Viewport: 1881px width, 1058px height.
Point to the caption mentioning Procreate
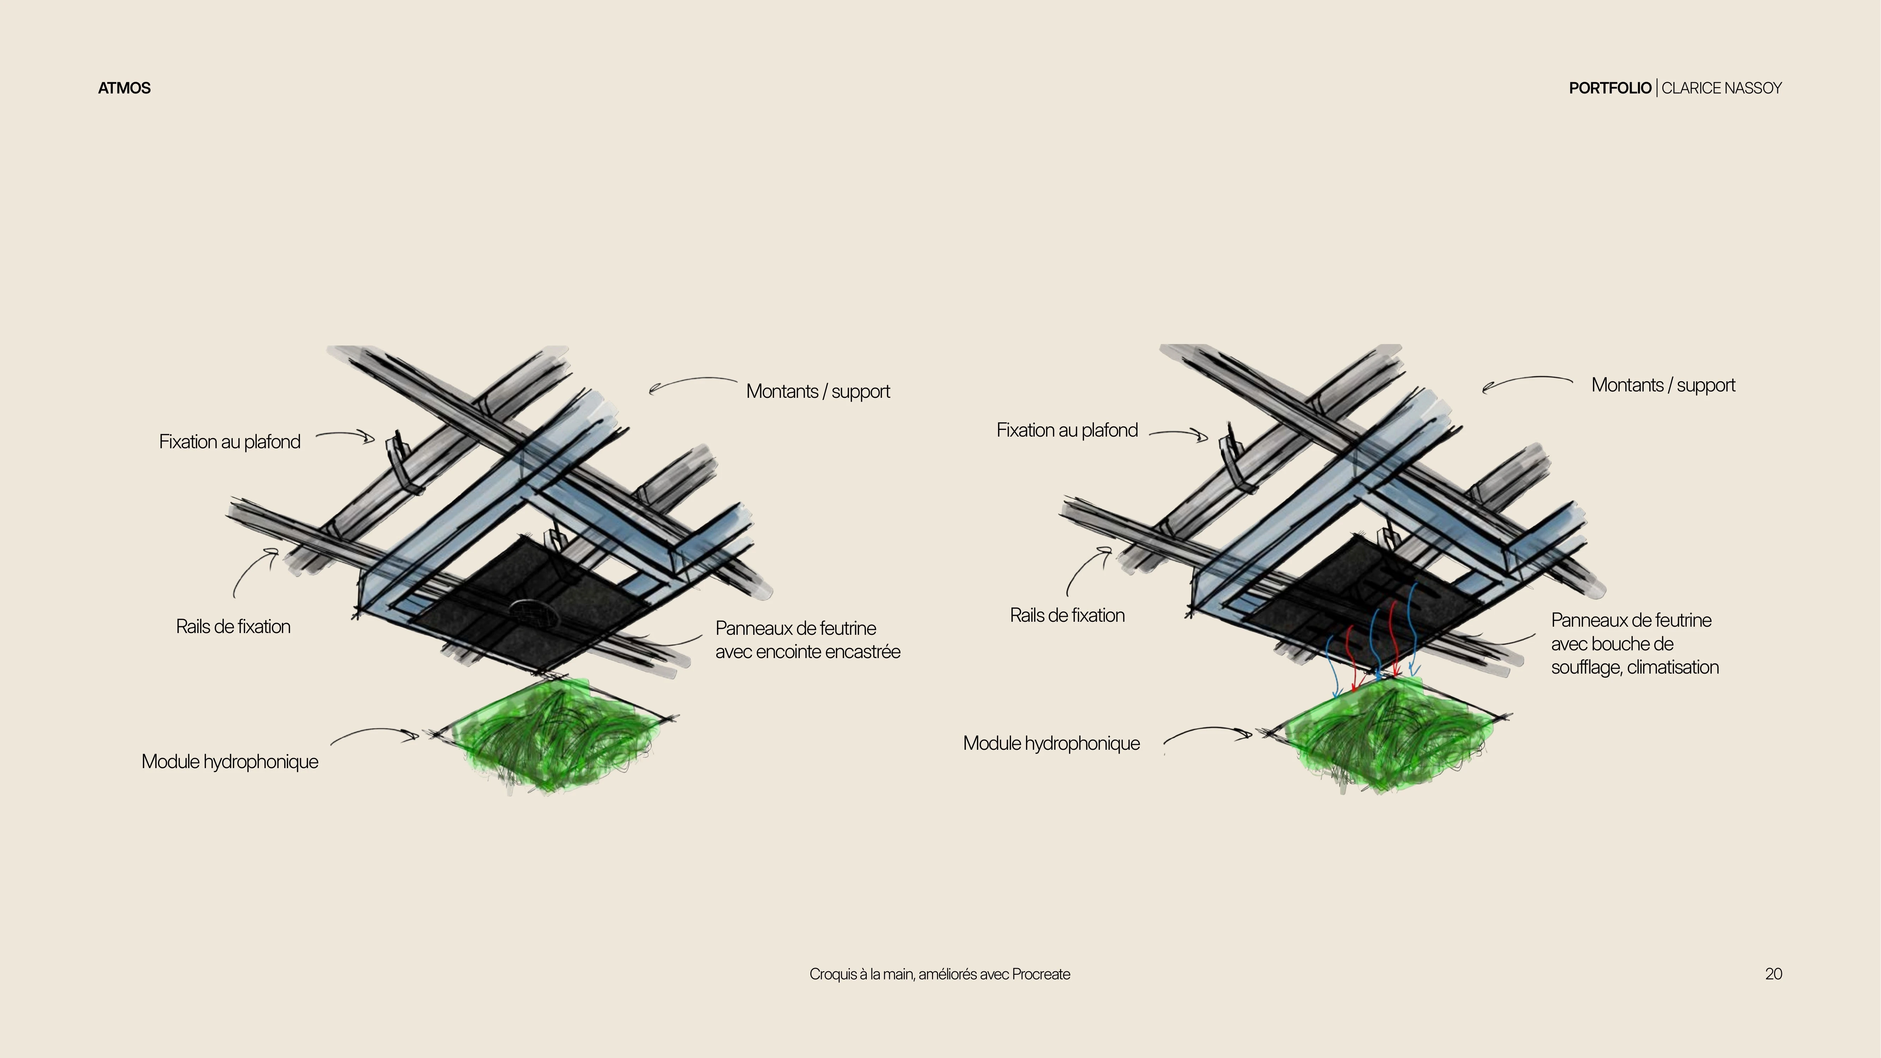click(940, 974)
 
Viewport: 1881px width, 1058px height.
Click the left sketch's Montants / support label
click(818, 391)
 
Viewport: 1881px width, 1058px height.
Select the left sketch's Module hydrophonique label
click(230, 761)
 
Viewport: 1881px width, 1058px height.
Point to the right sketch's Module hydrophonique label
click(1052, 743)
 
